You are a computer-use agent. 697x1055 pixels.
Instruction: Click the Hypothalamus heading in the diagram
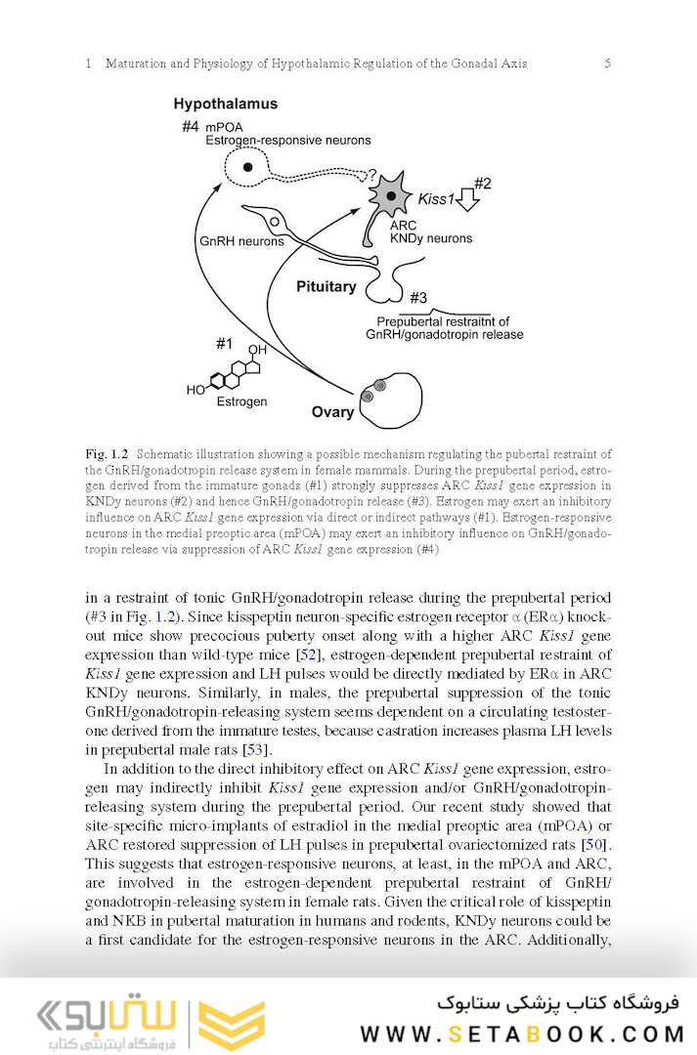coord(225,104)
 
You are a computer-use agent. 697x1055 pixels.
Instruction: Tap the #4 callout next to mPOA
coord(191,126)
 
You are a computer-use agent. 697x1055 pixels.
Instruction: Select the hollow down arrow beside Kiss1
coord(468,200)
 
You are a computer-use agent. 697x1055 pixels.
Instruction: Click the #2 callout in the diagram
coord(482,183)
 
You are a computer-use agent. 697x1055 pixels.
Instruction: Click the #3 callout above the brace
coord(418,297)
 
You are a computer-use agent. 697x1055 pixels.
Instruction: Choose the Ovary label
coord(332,411)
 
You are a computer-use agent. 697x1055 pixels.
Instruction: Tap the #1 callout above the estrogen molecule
coord(225,343)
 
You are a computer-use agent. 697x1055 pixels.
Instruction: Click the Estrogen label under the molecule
coord(240,401)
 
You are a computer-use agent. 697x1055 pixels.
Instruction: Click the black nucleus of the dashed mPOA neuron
coord(248,168)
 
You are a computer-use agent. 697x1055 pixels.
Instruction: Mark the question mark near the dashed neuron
coord(372,176)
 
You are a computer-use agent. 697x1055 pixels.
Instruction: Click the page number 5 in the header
coord(607,63)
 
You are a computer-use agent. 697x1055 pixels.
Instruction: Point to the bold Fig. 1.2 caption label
coord(108,454)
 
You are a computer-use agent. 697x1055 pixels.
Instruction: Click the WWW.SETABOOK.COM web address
coord(524,1033)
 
